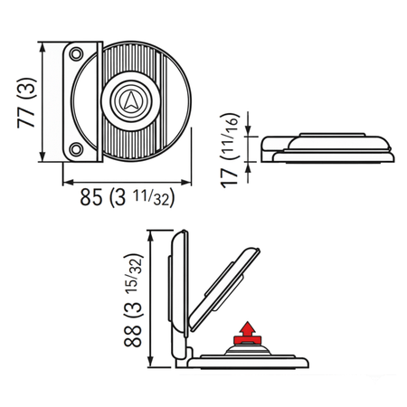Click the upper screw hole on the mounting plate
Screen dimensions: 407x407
point(77,50)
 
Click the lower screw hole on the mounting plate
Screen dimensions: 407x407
point(77,147)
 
